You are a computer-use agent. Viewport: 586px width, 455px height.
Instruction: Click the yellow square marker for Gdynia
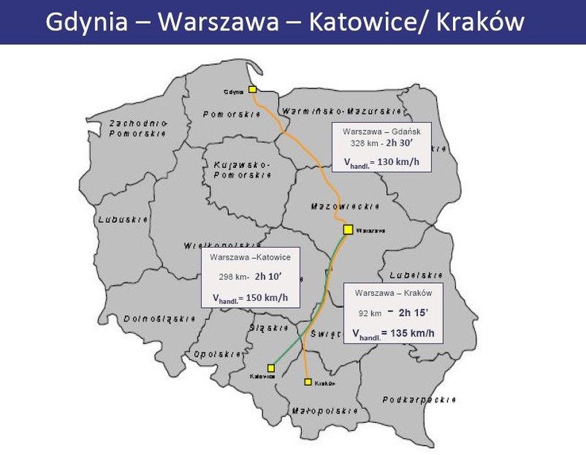[253, 89]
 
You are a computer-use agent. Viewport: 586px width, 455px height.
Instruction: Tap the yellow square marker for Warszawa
[347, 230]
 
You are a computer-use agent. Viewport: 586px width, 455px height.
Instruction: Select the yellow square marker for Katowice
[271, 367]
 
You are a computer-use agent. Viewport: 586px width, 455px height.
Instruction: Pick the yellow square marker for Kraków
[307, 382]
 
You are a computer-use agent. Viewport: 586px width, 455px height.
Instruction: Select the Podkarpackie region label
[419, 400]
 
